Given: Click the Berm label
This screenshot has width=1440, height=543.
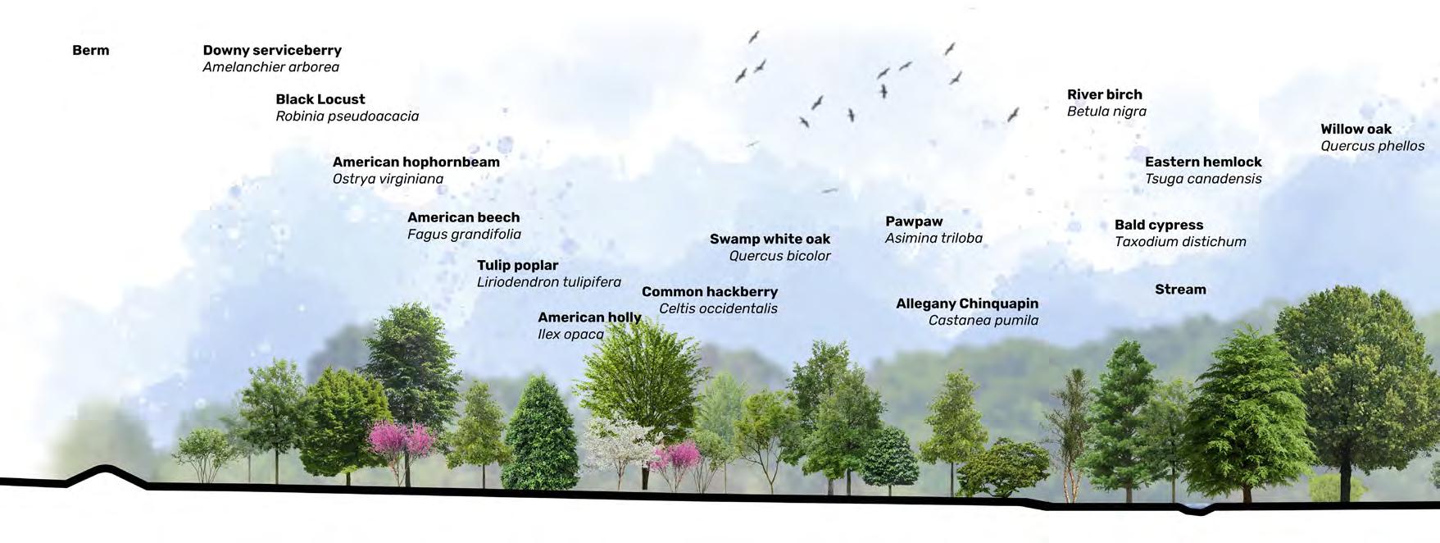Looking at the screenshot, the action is tap(90, 50).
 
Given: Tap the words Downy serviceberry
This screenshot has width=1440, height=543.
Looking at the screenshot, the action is tap(272, 50).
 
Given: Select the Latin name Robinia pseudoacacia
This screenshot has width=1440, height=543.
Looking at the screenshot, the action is tap(347, 116).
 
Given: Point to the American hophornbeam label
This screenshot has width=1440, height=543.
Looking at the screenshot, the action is tap(416, 162).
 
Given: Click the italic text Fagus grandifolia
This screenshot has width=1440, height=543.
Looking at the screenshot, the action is tap(464, 235).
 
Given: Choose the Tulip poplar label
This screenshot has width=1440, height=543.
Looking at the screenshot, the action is tap(517, 265).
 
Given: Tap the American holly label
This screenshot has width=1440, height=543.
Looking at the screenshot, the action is tap(588, 317).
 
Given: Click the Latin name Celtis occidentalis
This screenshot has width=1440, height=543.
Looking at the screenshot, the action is tap(718, 308).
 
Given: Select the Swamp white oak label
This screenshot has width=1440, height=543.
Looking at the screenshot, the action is tap(770, 239).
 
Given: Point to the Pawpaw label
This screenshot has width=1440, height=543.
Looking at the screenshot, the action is tap(914, 221).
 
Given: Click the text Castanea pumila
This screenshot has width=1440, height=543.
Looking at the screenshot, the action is tap(983, 321).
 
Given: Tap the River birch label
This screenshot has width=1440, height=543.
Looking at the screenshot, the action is tap(1104, 94).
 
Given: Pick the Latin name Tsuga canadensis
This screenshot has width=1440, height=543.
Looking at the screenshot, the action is tap(1202, 179).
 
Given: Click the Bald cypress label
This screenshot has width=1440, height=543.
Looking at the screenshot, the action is tap(1158, 225).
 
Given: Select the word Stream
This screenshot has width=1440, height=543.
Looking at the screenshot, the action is tap(1180, 290).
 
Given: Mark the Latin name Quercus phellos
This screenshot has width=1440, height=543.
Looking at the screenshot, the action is tap(1372, 146).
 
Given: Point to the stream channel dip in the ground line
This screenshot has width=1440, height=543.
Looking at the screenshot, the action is tap(1196, 511).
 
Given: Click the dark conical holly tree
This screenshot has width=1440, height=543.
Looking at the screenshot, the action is tap(540, 435).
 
